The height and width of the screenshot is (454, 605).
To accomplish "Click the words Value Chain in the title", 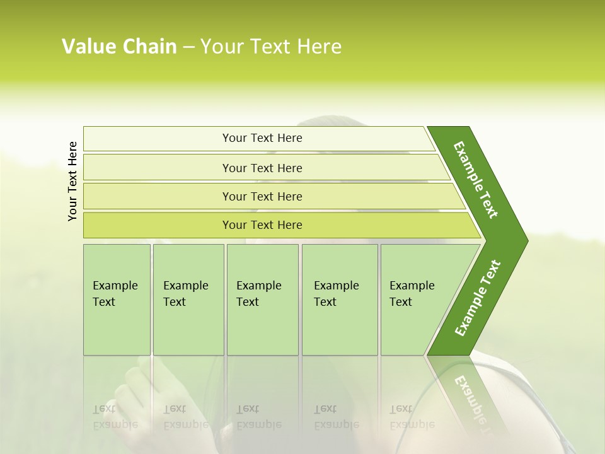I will coord(119,47).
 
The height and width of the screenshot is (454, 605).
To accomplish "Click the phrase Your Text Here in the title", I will coord(271,47).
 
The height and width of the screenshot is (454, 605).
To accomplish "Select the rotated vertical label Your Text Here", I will coord(72,181).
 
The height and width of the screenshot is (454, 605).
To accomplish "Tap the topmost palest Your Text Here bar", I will coord(262,138).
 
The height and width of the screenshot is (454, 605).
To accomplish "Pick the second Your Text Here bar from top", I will coord(262,168).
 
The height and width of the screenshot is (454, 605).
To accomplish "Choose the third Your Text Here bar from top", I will coord(262,196).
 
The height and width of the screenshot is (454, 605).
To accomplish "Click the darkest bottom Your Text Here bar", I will coord(262,225).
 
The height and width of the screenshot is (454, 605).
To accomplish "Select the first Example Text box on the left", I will coord(117,300).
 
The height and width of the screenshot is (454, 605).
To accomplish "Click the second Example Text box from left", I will coord(188,300).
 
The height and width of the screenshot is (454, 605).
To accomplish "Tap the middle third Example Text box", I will coord(262,300).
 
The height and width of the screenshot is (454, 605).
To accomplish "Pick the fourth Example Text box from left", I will coord(339,300).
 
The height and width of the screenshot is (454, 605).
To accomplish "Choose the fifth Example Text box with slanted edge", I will coord(416,300).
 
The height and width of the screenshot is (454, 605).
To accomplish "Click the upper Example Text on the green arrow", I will coord(476,180).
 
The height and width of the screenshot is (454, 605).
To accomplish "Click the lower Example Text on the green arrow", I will coord(477,298).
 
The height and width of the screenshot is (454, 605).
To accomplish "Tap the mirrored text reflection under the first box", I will coord(115,417).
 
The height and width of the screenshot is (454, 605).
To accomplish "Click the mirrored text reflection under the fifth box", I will coord(412,417).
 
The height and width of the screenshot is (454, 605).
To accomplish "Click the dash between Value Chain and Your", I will coord(188,47).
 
